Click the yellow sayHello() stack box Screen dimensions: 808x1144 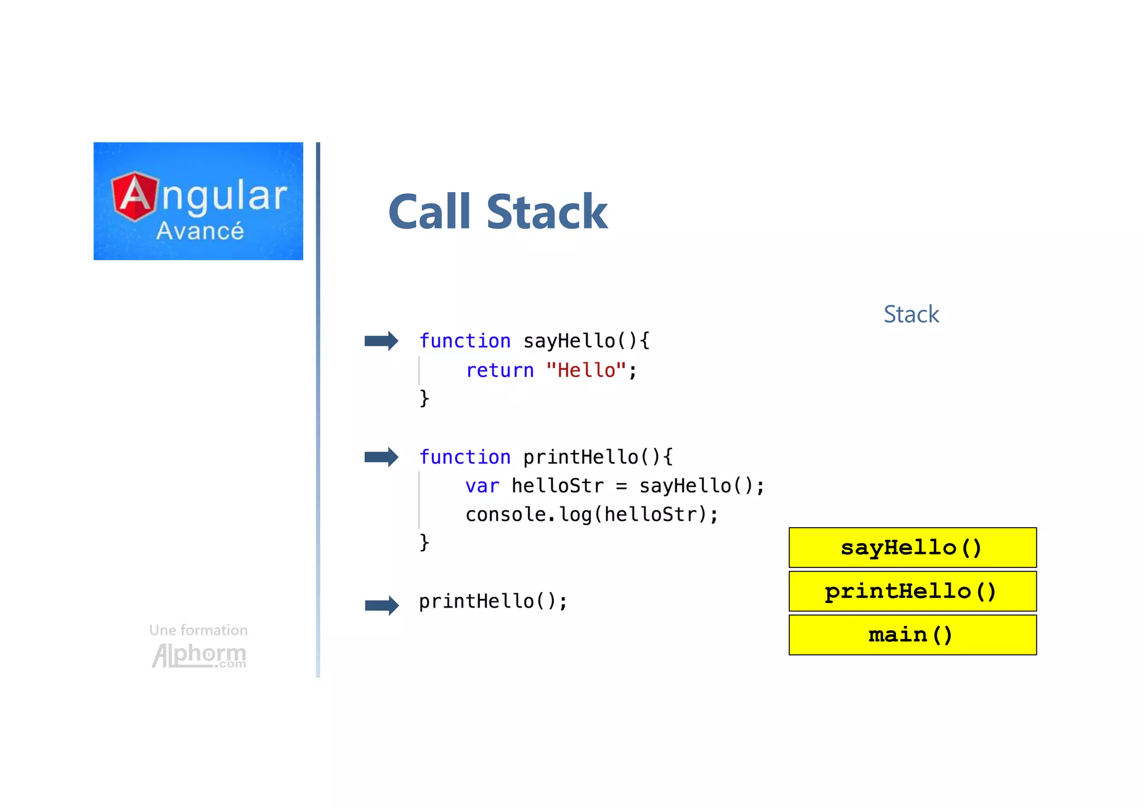click(912, 548)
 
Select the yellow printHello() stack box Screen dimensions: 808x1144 click(912, 591)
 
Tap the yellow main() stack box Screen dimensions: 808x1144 click(912, 635)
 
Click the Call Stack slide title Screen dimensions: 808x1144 click(498, 212)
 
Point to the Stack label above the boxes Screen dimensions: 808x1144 click(911, 314)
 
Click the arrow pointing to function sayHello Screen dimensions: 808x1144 click(381, 341)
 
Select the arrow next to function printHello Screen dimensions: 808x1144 click(381, 457)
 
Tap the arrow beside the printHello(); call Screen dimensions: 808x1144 click(382, 605)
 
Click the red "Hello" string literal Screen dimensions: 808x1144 click(586, 370)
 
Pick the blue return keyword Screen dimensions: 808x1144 click(499, 370)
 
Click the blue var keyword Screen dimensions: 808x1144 click(482, 486)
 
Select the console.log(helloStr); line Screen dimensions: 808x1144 click(592, 514)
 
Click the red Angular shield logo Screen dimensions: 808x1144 click(134, 196)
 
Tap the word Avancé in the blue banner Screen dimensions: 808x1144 click(200, 231)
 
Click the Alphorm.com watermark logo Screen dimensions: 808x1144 click(199, 656)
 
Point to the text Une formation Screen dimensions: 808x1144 click(198, 630)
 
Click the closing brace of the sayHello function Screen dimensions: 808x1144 click(425, 398)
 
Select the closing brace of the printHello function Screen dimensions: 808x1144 click(425, 542)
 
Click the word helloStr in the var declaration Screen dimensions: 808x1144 click(557, 486)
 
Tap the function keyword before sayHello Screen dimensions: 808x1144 click(465, 341)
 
